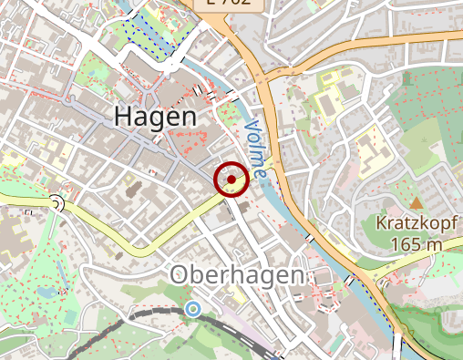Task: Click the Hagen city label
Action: click(155, 117)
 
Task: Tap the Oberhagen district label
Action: click(239, 275)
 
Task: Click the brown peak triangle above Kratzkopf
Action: click(417, 201)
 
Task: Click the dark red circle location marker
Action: click(231, 180)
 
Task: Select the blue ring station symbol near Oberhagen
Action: click(192, 310)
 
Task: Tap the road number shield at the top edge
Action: click(227, 4)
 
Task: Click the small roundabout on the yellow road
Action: click(57, 203)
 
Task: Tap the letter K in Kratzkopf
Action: click(381, 223)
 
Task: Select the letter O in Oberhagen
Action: click(180, 275)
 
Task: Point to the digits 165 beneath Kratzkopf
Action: click(406, 244)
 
